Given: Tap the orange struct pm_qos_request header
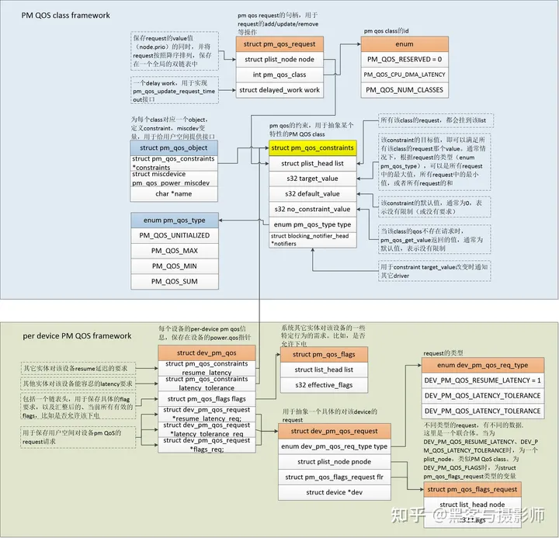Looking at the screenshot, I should click(x=279, y=43).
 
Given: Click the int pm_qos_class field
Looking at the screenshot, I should click(x=279, y=74).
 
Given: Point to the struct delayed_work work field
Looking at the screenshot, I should click(x=279, y=90).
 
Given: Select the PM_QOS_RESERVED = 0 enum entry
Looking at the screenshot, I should click(x=404, y=59).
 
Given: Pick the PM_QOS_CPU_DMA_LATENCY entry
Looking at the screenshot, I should click(x=404, y=75).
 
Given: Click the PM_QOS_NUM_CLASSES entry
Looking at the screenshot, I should click(x=404, y=90).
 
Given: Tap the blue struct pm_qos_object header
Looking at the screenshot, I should click(x=174, y=146).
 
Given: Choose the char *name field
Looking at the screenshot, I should click(x=174, y=193).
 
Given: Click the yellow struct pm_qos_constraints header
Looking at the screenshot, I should click(x=311, y=148).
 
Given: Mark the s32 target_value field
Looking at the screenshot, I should click(x=311, y=179).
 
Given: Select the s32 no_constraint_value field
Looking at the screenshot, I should click(x=311, y=209).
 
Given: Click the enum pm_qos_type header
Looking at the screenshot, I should click(x=174, y=220).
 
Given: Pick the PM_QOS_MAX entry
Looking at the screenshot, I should click(x=174, y=251).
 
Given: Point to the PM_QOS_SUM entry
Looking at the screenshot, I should click(x=174, y=282).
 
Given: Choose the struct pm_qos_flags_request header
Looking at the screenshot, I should click(x=472, y=489).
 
